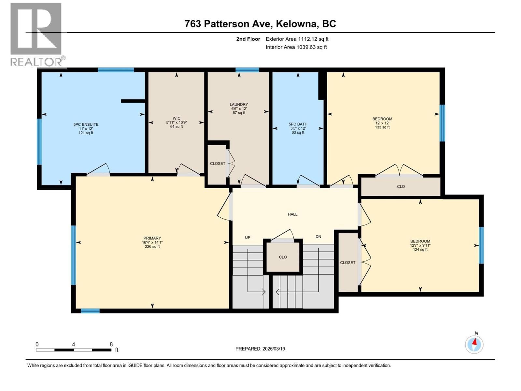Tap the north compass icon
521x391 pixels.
point(474,344)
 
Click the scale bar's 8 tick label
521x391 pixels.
point(111,344)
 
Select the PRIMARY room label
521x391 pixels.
point(152,238)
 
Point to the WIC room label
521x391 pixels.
point(176,118)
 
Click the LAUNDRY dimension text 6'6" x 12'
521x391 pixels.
point(239,109)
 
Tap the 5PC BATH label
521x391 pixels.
point(298,124)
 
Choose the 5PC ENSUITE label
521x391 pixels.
point(86,124)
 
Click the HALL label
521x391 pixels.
point(292,214)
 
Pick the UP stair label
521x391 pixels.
point(247,238)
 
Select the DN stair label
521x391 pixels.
point(318,237)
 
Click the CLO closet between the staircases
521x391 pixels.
point(283,257)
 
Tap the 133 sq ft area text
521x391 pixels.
point(382,127)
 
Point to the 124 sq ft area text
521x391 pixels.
point(420,250)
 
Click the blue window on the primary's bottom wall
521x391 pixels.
point(90,311)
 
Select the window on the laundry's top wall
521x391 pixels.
point(247,70)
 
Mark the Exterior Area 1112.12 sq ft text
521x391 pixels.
point(297,39)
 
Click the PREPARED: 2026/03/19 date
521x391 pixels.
point(260,349)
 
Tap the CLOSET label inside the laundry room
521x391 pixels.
point(218,164)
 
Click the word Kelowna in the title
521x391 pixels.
point(297,24)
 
